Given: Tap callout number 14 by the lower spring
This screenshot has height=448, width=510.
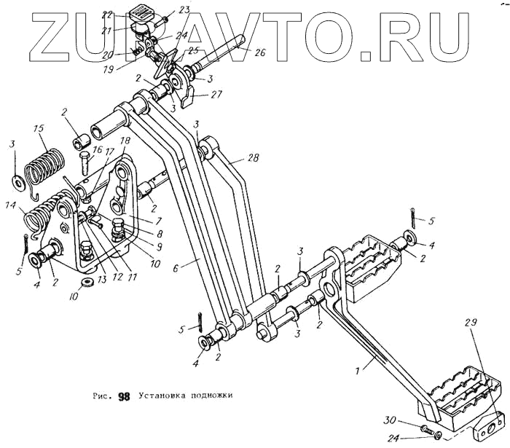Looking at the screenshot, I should pos(11,206).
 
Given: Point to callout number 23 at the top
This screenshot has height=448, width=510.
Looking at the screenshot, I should pos(184,9).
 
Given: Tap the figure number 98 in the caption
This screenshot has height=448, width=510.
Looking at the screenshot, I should pos(123,397).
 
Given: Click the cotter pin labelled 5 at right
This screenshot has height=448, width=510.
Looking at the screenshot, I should pos(414,216).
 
